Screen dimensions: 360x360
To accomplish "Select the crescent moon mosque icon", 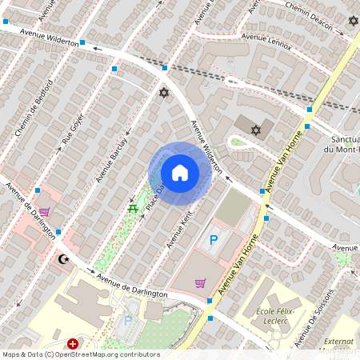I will [63, 259].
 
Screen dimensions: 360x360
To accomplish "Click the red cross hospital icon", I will [73, 343].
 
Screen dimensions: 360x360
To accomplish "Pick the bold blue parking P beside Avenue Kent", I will [214, 239].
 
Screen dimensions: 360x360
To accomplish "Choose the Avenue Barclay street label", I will [112, 154].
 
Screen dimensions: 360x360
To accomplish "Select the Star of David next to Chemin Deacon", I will [352, 20].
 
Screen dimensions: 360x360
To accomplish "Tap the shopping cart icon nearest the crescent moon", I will [44, 212].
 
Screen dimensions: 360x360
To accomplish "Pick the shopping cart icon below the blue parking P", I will [200, 282].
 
